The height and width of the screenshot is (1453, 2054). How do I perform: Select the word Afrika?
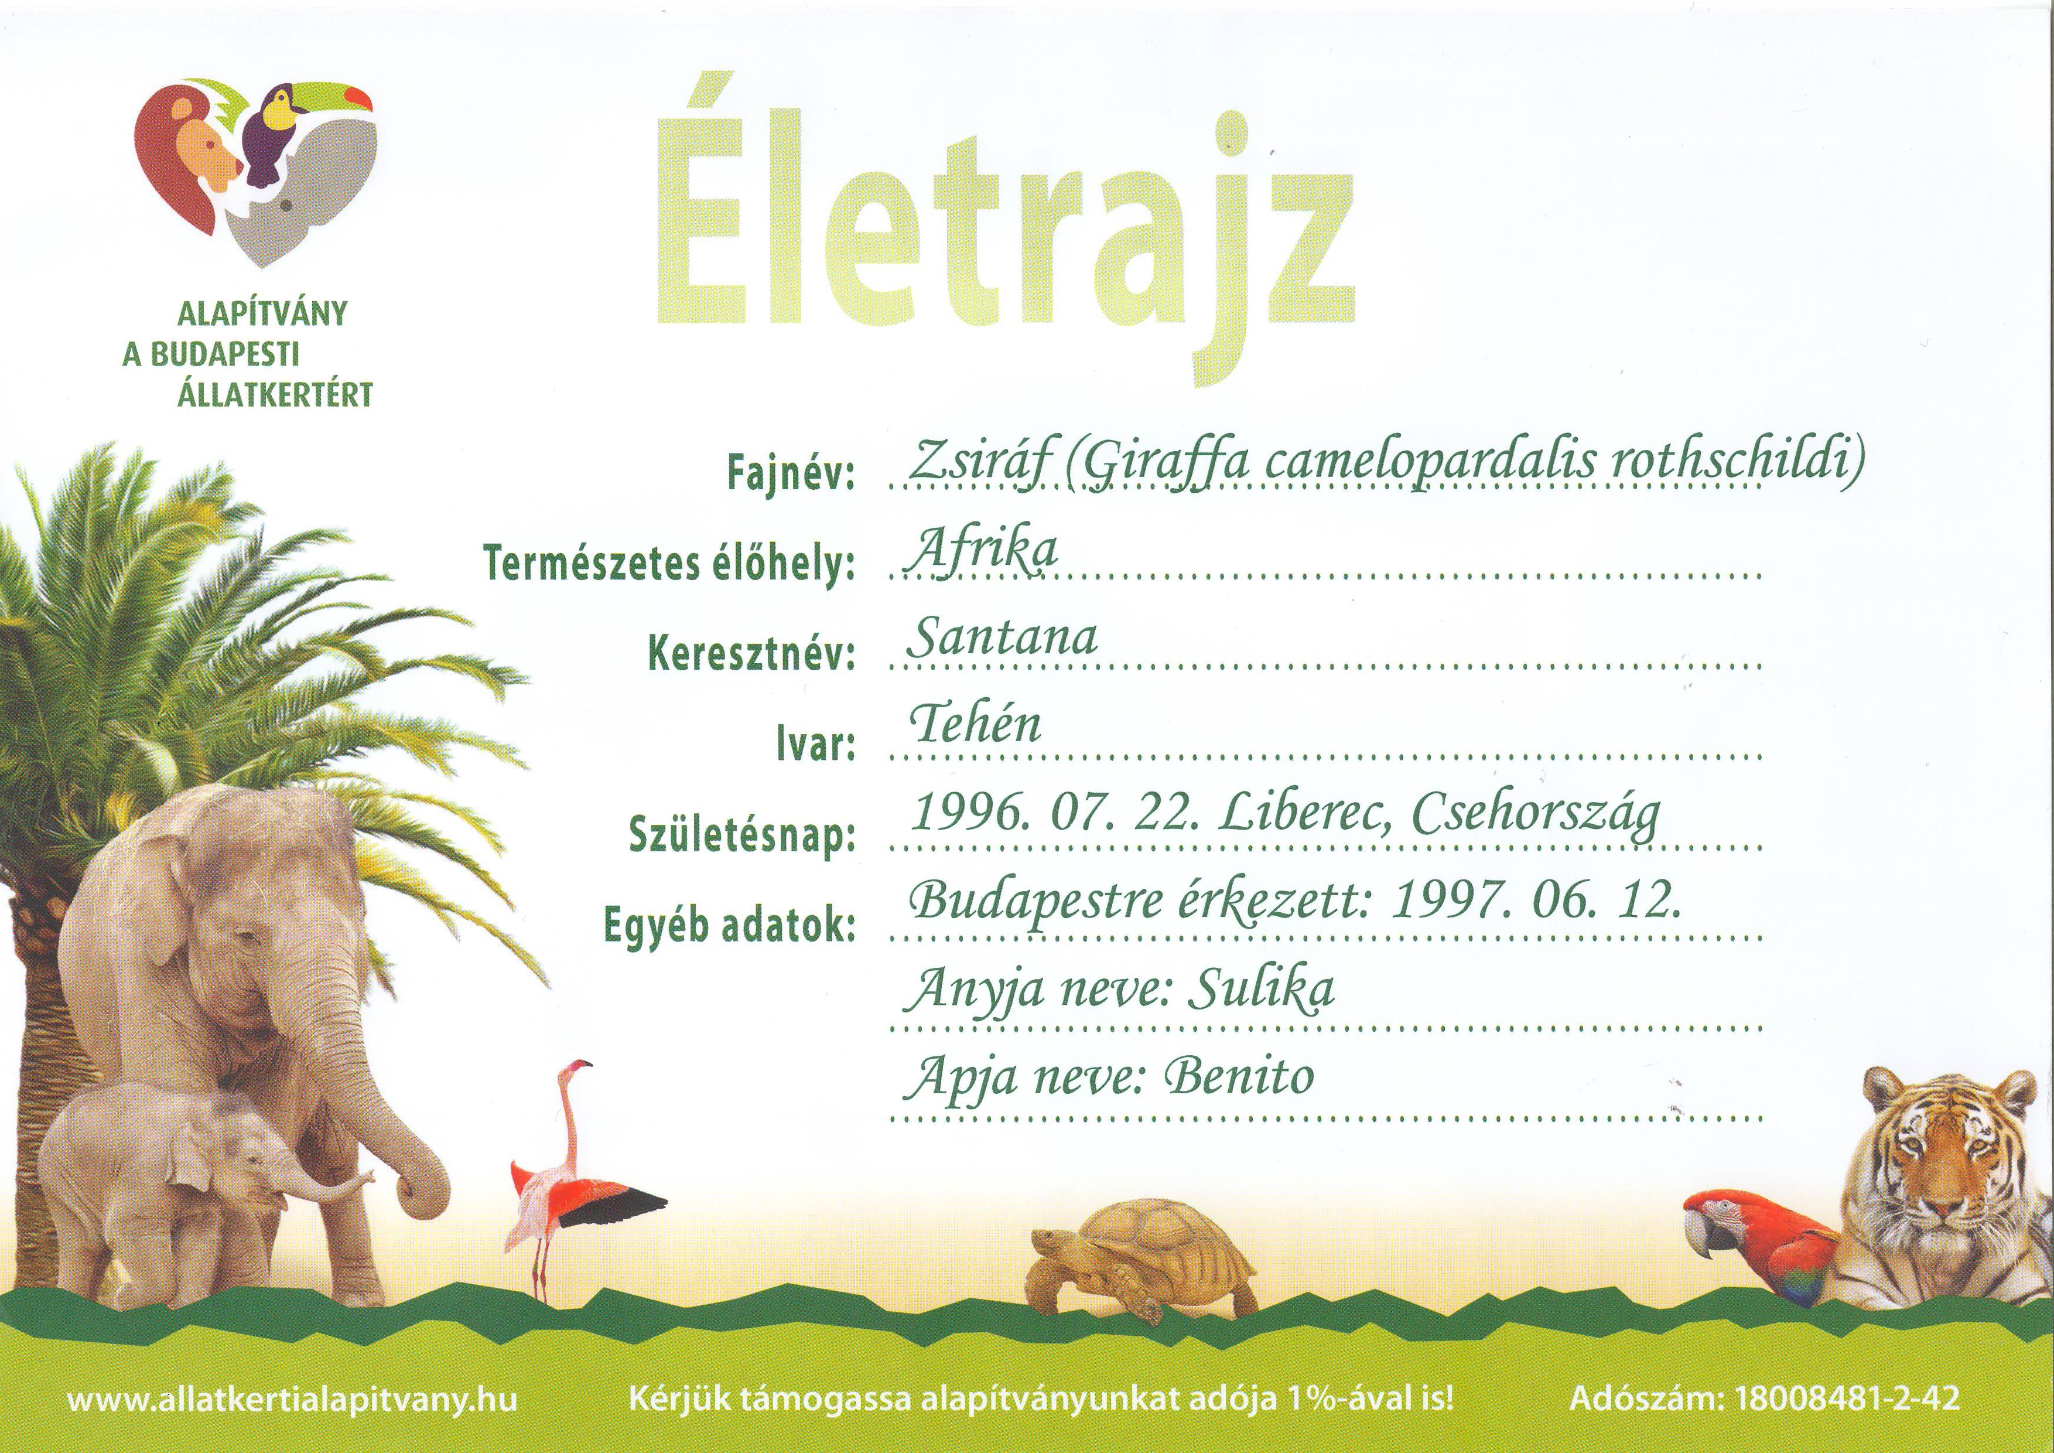[x=982, y=550]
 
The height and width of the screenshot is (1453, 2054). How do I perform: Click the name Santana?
[x=1002, y=639]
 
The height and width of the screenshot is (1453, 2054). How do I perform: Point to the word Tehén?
[x=976, y=725]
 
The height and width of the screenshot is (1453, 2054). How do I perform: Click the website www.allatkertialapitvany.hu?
[x=292, y=1399]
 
